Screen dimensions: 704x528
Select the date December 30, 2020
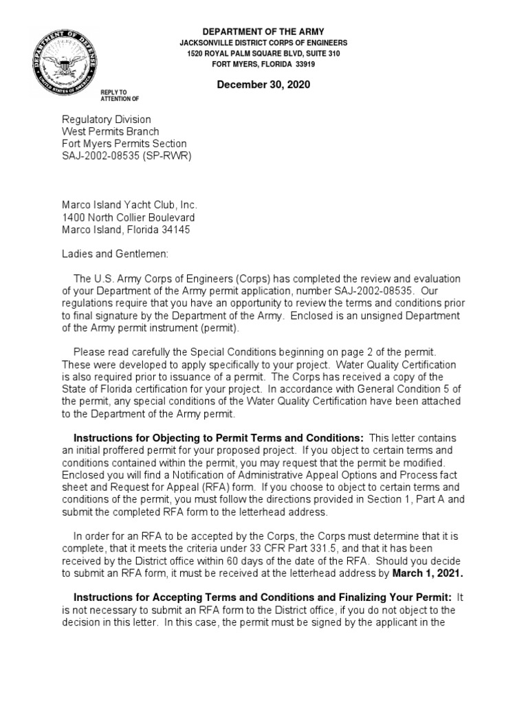point(263,85)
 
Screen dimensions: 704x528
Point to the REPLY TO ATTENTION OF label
point(114,95)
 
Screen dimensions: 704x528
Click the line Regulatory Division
point(107,120)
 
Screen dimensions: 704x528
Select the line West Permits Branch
point(111,131)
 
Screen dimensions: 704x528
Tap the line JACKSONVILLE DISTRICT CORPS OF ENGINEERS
point(263,43)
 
